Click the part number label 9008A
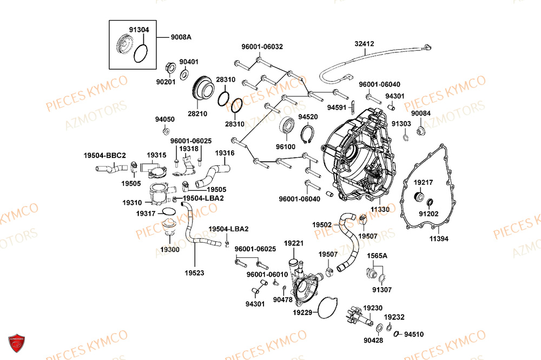click(x=181, y=37)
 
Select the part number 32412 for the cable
click(x=365, y=43)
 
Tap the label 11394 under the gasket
click(x=439, y=238)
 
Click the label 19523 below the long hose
click(x=194, y=273)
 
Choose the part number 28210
click(x=197, y=114)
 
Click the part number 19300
click(x=170, y=250)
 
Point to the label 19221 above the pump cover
click(x=294, y=243)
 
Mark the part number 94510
click(x=414, y=334)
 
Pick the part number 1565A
click(x=377, y=255)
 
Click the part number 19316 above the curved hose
click(x=225, y=153)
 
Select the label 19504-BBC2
click(x=104, y=155)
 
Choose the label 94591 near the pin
click(x=337, y=107)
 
